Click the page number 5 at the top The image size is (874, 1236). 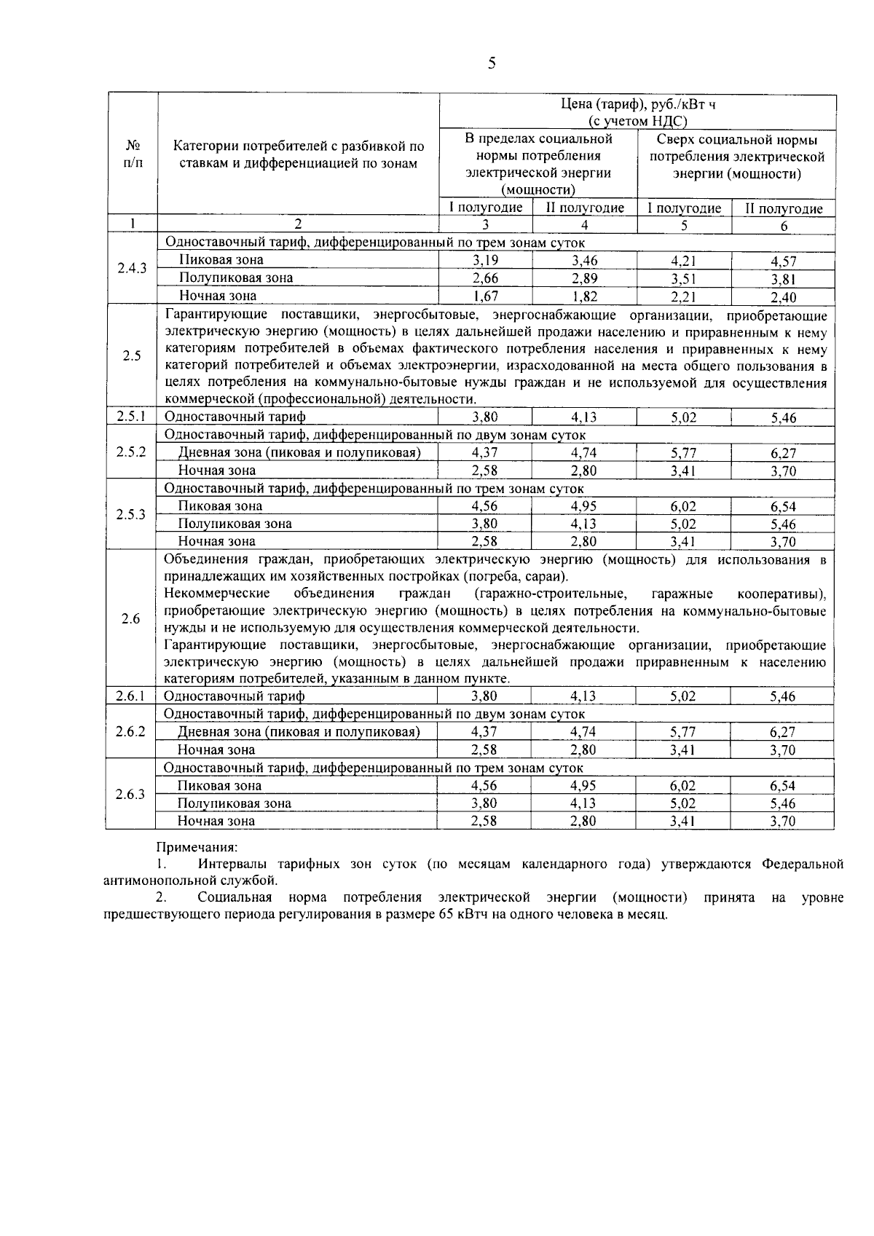coord(492,63)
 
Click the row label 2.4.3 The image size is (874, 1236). coord(132,268)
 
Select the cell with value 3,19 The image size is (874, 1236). coord(485,259)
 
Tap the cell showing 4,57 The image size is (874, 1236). coord(783,261)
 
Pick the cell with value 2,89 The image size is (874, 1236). coord(584,277)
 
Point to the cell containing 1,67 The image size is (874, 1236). coord(485,296)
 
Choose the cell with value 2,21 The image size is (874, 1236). coord(684,296)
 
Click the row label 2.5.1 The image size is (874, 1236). coord(132,417)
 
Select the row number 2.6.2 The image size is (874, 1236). coord(130,731)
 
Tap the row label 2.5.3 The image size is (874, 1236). coord(132,514)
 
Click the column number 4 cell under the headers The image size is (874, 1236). coord(584,225)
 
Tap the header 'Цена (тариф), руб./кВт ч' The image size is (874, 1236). coord(637,105)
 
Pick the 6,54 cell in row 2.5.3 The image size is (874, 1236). coord(783,506)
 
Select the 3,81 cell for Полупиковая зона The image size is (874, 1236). coord(783,279)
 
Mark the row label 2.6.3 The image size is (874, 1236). coord(130,795)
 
